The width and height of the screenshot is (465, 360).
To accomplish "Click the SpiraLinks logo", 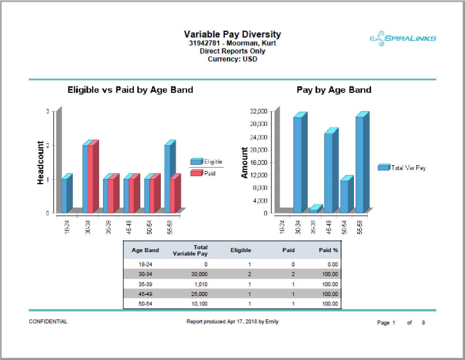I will pyautogui.click(x=403, y=38).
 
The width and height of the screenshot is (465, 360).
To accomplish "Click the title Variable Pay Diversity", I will pyautogui.click(x=232, y=34).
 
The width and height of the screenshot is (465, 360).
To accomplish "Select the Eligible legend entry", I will pyautogui.click(x=207, y=162).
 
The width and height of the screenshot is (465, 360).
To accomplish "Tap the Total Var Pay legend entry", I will pyautogui.click(x=402, y=168).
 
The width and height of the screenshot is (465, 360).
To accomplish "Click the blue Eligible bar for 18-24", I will pyautogui.click(x=64, y=196).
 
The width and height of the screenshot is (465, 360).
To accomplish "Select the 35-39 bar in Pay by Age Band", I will pyautogui.click(x=314, y=211).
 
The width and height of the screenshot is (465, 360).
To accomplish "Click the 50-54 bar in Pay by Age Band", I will pyautogui.click(x=344, y=197).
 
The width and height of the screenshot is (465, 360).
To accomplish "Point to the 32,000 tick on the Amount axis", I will pyautogui.click(x=258, y=111).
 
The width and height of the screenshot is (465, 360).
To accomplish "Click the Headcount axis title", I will pyautogui.click(x=40, y=162).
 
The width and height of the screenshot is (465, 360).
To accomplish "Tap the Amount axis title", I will pyautogui.click(x=244, y=162).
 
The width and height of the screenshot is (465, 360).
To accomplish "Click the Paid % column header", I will pyautogui.click(x=328, y=250).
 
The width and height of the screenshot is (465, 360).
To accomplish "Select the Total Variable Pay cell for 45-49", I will pyautogui.click(x=199, y=294).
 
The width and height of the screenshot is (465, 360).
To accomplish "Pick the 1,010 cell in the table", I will pyautogui.click(x=201, y=284).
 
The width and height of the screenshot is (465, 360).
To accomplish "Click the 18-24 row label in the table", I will pyautogui.click(x=145, y=264).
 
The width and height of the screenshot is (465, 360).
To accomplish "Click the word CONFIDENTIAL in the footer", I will pyautogui.click(x=48, y=322).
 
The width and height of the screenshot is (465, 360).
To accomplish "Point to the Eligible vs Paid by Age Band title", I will pyautogui.click(x=130, y=90).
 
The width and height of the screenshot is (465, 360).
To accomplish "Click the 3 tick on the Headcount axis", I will pyautogui.click(x=48, y=111).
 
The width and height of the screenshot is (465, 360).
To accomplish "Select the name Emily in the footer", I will pyautogui.click(x=272, y=322).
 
